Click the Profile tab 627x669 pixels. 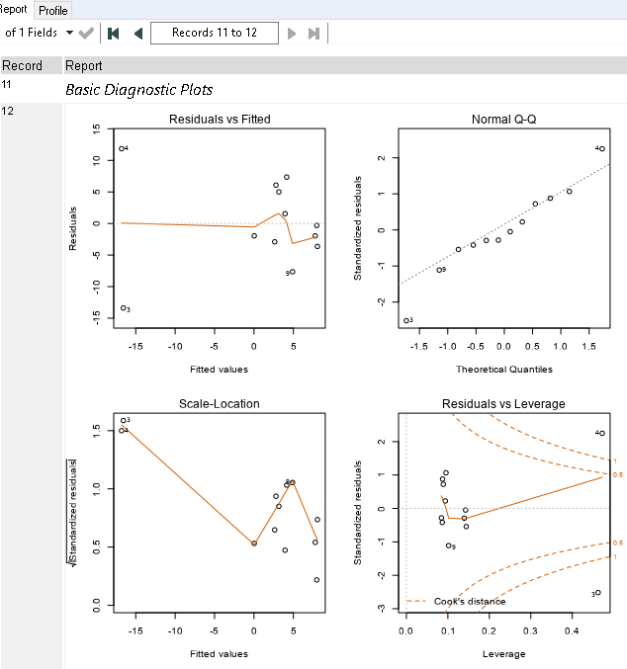[x=53, y=10]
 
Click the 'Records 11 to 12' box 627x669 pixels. [x=214, y=33]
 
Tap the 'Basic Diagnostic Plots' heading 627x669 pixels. [x=138, y=89]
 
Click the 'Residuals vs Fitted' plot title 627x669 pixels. [x=220, y=120]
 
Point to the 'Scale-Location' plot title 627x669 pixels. [x=220, y=403]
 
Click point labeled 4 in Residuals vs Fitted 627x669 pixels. [x=121, y=149]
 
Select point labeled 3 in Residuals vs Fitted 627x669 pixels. [x=123, y=308]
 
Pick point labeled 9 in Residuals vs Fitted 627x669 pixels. [x=292, y=272]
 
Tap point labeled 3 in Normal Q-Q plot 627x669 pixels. [x=406, y=320]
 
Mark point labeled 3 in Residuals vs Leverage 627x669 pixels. [x=598, y=593]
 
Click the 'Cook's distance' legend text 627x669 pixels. [x=470, y=601]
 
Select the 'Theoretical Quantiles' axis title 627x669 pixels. [x=504, y=370]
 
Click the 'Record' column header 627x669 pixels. [x=22, y=66]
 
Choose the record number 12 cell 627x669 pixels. [x=9, y=111]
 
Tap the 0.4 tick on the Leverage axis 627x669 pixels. [x=572, y=628]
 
